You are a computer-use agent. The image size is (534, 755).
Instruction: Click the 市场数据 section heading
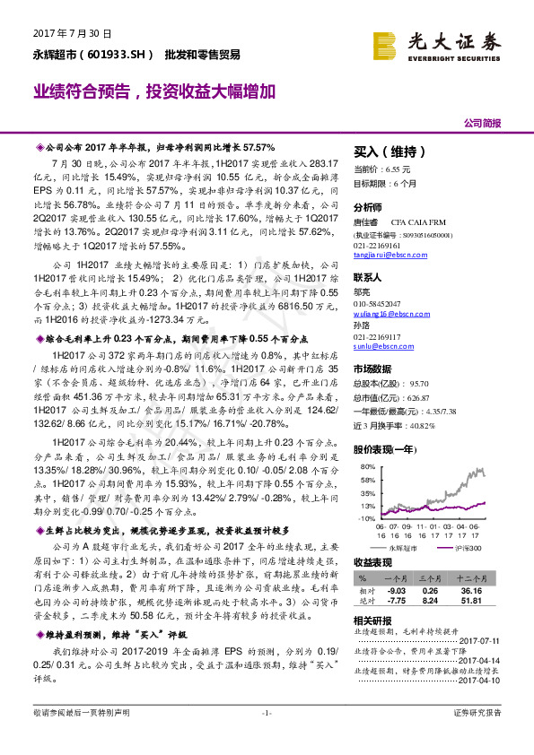pos(372,369)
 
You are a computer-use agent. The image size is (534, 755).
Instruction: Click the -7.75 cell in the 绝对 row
pos(395,602)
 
